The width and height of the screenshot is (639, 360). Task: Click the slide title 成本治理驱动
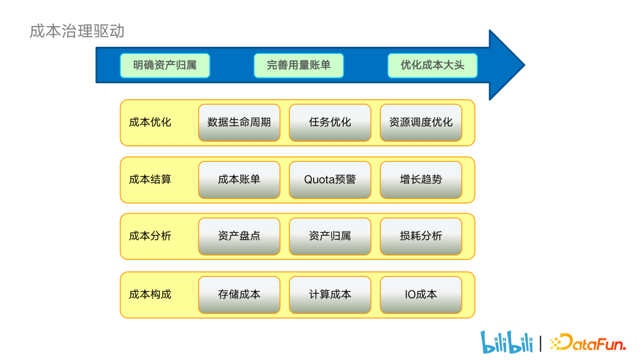(x=77, y=31)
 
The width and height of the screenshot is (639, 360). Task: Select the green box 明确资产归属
(x=165, y=65)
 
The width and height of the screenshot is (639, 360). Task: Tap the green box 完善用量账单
(x=299, y=65)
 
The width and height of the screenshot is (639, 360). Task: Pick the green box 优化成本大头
(x=433, y=65)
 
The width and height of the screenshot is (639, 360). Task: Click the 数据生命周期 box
(x=239, y=123)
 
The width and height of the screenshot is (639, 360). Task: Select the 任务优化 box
(x=330, y=123)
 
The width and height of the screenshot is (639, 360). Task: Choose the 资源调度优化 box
(x=421, y=123)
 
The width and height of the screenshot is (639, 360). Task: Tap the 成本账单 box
(x=239, y=179)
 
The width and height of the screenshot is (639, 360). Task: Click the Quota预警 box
(x=330, y=179)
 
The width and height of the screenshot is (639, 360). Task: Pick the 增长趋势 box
(x=421, y=179)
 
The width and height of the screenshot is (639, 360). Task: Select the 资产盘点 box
(x=239, y=236)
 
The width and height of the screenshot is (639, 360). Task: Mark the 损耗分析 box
(x=421, y=236)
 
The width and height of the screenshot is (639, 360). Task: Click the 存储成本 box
(x=239, y=294)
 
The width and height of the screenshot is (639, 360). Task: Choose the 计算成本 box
(x=330, y=294)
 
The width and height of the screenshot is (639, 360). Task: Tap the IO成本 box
(x=421, y=294)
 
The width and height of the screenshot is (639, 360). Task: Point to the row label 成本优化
(x=150, y=123)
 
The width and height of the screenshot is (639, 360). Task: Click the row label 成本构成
(x=150, y=294)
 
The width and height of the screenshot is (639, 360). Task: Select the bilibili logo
(x=506, y=342)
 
